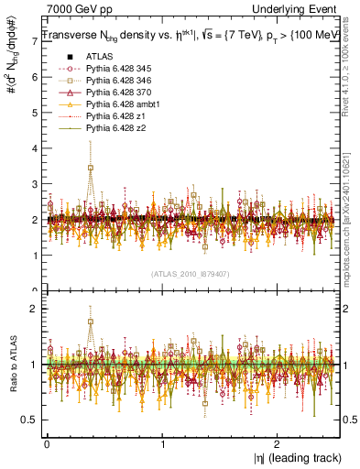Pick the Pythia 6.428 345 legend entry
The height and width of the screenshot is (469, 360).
tap(110, 69)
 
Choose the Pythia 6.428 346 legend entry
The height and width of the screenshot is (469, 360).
tap(110, 82)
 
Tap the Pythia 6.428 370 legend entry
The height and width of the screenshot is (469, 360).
tap(110, 93)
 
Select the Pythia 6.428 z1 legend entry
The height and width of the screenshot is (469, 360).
tap(106, 117)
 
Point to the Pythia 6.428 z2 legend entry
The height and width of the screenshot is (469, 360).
tap(106, 129)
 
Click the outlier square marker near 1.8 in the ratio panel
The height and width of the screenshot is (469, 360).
tap(90, 322)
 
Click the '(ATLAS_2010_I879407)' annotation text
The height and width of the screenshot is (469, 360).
tap(191, 273)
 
